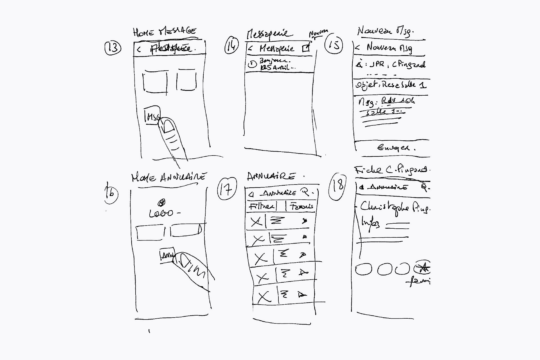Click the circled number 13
point(113,48)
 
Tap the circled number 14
point(231,46)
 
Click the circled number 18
point(337,186)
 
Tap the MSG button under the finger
point(152,116)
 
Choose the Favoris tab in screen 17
point(301,206)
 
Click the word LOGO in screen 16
point(161,213)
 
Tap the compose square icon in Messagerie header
point(306,48)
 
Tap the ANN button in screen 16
point(167,255)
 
